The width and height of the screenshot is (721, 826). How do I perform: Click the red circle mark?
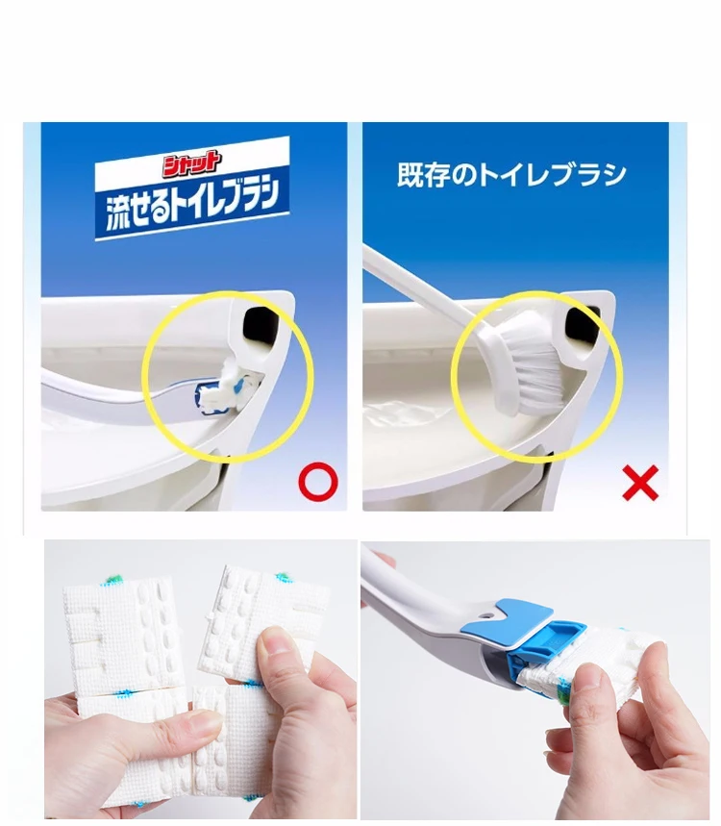(x=318, y=482)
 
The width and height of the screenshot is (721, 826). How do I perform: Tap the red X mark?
(x=640, y=482)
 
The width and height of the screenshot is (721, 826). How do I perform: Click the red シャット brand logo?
(x=190, y=163)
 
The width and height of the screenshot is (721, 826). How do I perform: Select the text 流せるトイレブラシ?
(x=192, y=206)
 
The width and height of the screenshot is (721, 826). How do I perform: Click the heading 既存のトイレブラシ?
(x=511, y=174)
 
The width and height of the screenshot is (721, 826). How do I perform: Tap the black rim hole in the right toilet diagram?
(x=582, y=324)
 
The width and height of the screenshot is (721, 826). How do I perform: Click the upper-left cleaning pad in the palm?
(x=122, y=638)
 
